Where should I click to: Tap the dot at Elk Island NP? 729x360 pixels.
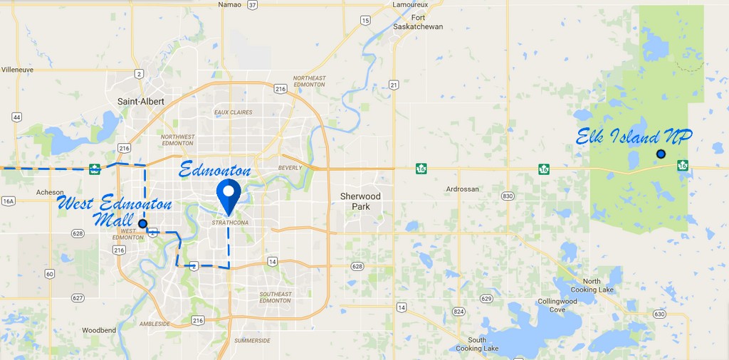click(x=661, y=154)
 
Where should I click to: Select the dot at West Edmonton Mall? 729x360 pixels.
click(x=142, y=223)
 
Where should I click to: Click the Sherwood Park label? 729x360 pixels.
click(x=360, y=201)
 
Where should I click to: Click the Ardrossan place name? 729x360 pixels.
click(x=462, y=189)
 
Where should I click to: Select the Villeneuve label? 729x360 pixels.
click(x=19, y=70)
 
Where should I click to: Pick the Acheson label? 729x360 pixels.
click(x=51, y=192)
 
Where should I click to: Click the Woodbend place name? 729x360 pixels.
click(x=98, y=331)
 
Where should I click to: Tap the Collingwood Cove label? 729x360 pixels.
click(x=557, y=305)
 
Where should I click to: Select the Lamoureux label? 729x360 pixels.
click(x=410, y=5)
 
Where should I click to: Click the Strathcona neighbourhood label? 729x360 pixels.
click(x=229, y=223)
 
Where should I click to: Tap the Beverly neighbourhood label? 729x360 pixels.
click(x=290, y=168)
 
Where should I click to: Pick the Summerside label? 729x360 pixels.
click(x=252, y=341)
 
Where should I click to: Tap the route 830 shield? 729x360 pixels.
click(x=508, y=196)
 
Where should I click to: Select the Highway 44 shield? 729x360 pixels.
click(x=16, y=117)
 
